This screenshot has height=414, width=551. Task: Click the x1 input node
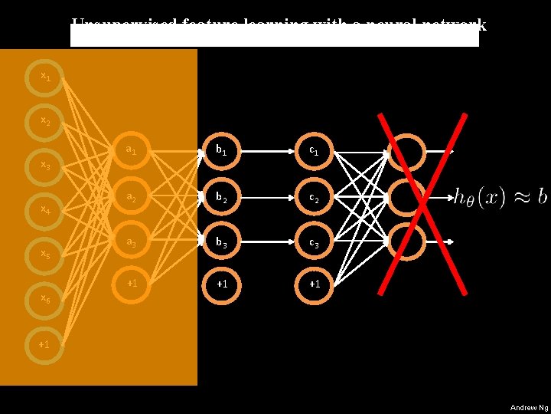coord(46,76)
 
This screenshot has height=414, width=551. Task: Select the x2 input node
coord(46,121)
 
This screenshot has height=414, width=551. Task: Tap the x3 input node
coord(46,165)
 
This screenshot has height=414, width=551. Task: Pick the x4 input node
coord(46,209)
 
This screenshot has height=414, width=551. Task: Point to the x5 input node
coord(46,254)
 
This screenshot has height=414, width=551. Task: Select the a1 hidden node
coord(132,151)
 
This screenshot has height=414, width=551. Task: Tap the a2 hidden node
coord(132,196)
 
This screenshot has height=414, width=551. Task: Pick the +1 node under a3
coord(132,283)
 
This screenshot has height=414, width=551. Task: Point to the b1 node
coord(222,151)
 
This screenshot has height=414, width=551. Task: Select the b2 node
coord(222,196)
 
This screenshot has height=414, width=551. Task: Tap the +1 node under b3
coord(222,283)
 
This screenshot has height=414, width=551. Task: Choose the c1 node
coord(314,151)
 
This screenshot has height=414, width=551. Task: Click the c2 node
coord(314,196)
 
